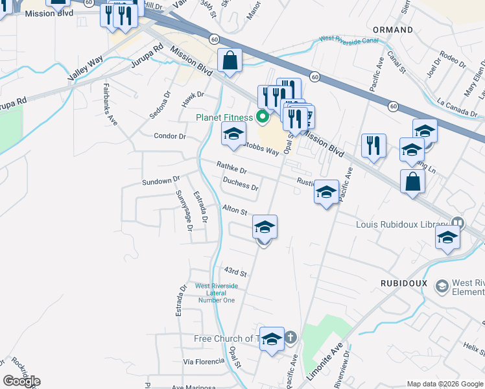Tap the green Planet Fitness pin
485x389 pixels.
click(x=263, y=117)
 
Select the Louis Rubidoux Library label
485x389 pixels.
click(x=402, y=224)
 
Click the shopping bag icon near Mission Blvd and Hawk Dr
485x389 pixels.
click(x=230, y=62)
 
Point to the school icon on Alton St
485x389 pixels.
click(x=265, y=228)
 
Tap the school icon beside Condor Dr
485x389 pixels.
click(x=234, y=135)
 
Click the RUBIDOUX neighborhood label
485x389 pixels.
click(x=402, y=283)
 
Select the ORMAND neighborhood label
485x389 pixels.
click(x=393, y=30)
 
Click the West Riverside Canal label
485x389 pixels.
click(x=349, y=40)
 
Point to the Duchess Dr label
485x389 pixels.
click(x=241, y=185)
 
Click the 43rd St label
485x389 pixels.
click(x=235, y=272)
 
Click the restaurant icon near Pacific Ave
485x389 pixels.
click(x=373, y=147)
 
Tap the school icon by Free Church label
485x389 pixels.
click(x=272, y=339)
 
